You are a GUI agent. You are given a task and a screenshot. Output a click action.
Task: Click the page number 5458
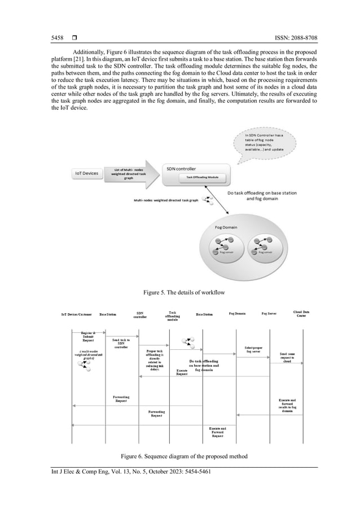tap(57, 38)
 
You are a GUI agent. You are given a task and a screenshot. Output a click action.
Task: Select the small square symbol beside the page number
tap(73, 38)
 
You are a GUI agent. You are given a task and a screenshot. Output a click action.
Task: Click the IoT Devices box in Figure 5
tap(87, 174)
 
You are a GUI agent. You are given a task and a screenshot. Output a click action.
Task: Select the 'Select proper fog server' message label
tap(252, 350)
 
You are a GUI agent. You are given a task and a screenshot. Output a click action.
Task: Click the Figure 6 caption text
tap(179, 455)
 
